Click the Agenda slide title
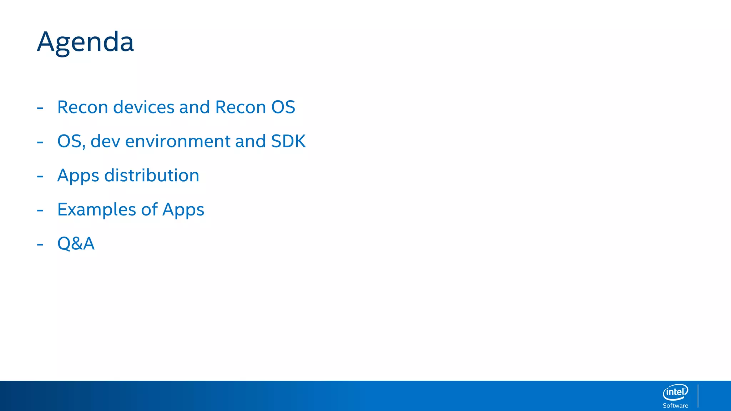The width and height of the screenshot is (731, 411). pos(85,42)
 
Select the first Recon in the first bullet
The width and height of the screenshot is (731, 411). pos(82,107)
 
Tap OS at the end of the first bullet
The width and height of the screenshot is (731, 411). pos(283,107)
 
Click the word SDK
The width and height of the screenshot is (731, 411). pos(288,141)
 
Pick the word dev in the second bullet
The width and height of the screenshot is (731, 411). pos(105,141)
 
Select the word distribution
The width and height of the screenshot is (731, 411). pos(152,176)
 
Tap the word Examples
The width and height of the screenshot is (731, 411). pos(96,209)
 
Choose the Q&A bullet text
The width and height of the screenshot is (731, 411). pos(76,244)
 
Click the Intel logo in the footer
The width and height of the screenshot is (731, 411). pos(675,392)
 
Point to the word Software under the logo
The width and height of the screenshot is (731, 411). pos(675,406)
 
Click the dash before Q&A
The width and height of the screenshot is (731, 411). pos(40,245)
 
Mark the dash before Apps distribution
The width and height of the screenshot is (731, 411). pos(40,176)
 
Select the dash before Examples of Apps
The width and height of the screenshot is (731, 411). pos(40,210)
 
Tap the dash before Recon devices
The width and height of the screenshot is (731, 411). pos(40,108)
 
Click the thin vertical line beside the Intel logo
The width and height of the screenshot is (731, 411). pos(698,396)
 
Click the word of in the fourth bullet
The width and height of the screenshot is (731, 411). pos(149,209)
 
